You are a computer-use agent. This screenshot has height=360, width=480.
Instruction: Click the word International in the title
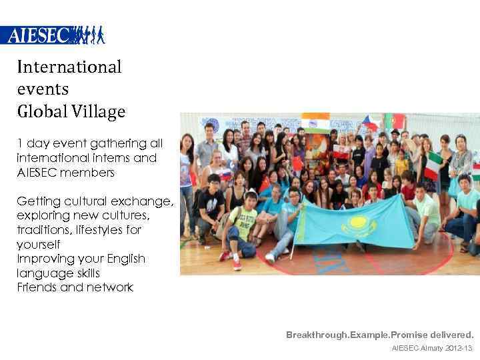[x=69, y=67]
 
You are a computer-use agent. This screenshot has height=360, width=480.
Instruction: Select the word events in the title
[x=43, y=89]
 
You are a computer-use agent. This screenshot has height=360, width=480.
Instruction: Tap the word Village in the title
[x=100, y=111]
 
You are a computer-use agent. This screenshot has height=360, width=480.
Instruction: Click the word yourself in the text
[x=37, y=244]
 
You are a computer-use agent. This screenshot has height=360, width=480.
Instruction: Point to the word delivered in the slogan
[x=451, y=334]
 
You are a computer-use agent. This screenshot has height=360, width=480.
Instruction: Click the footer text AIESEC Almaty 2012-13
[x=432, y=348]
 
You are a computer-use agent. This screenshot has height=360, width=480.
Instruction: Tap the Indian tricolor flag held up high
[x=315, y=123]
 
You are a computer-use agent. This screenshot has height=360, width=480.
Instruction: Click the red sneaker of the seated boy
[x=236, y=265]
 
